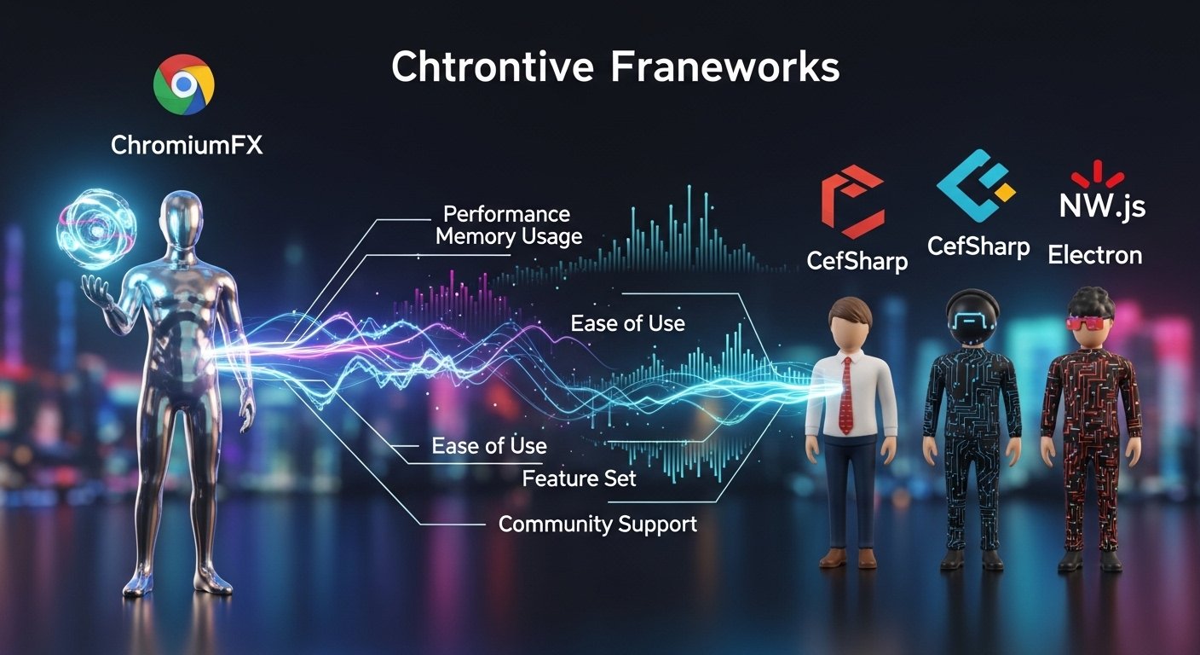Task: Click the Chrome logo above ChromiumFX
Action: pyautogui.click(x=183, y=84)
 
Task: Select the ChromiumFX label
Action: pyautogui.click(x=187, y=145)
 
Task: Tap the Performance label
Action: pyautogui.click(x=506, y=213)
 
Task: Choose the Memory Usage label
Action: pyautogui.click(x=509, y=236)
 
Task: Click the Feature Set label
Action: pyautogui.click(x=579, y=478)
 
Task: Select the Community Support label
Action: pyautogui.click(x=597, y=524)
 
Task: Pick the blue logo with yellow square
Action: pyautogui.click(x=975, y=186)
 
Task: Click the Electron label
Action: pyautogui.click(x=1094, y=254)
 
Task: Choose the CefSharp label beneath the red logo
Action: pyautogui.click(x=857, y=261)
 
